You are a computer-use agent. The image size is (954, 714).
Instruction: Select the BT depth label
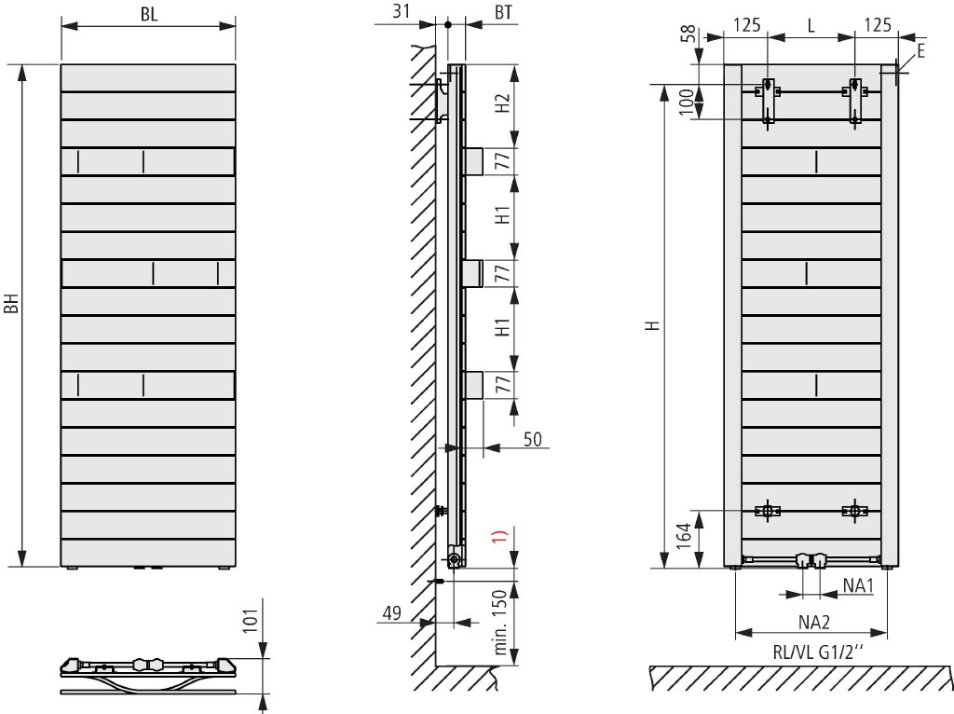click(x=503, y=12)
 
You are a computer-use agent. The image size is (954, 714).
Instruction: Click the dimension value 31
click(x=401, y=11)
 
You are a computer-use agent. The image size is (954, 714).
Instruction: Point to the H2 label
click(x=501, y=103)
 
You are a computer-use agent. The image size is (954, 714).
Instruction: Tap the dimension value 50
click(x=532, y=439)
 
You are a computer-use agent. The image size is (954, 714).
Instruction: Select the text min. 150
click(x=500, y=622)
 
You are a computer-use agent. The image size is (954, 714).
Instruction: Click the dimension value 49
click(x=392, y=612)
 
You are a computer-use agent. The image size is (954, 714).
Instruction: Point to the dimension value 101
click(x=252, y=616)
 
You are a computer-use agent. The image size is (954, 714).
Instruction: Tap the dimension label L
click(x=811, y=25)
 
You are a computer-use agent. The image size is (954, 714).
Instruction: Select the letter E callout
click(x=920, y=51)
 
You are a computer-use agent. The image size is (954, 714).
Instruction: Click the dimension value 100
click(x=686, y=102)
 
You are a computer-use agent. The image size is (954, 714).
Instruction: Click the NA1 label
click(x=858, y=585)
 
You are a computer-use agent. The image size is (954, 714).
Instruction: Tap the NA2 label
click(x=814, y=622)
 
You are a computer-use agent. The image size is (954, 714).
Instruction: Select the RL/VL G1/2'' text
click(x=818, y=653)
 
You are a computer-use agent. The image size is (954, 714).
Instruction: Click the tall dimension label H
click(x=653, y=325)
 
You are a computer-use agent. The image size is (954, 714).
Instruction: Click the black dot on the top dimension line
click(x=448, y=25)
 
